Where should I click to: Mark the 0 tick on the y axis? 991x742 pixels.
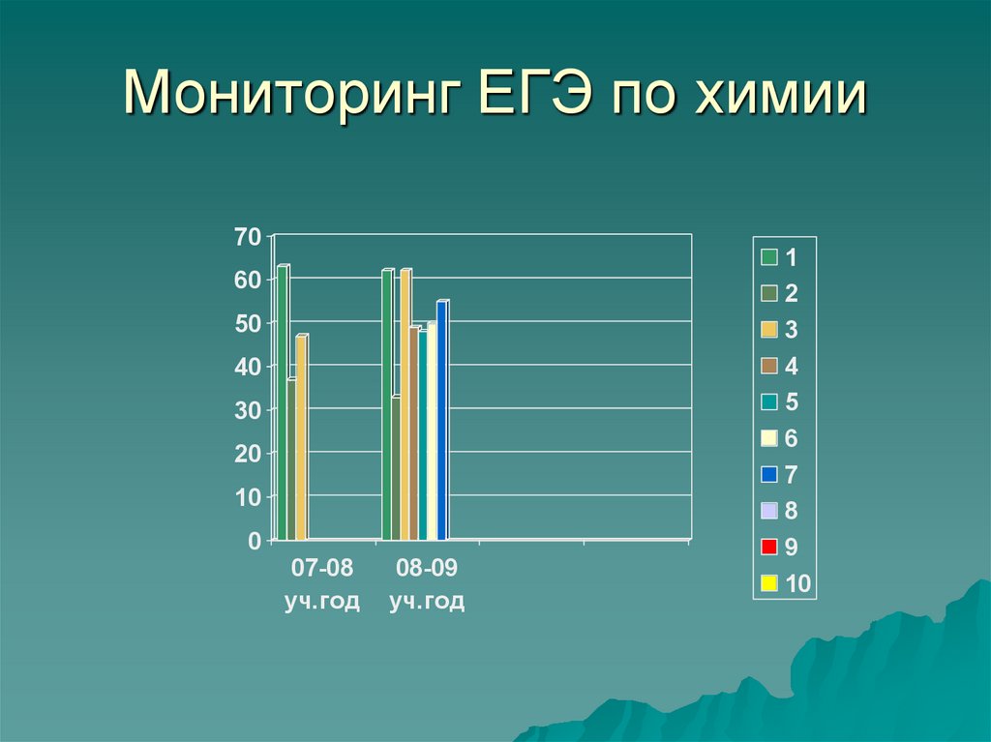pyautogui.click(x=255, y=541)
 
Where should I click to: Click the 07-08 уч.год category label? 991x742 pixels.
pyautogui.click(x=322, y=583)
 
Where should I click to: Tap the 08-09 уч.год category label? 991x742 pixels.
pyautogui.click(x=427, y=583)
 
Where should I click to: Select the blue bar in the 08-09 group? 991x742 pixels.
pyautogui.click(x=442, y=421)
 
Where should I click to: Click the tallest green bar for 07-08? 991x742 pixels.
pyautogui.click(x=283, y=402)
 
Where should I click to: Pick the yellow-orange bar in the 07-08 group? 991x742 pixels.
pyautogui.click(x=301, y=437)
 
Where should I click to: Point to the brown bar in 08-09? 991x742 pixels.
pyautogui.click(x=414, y=433)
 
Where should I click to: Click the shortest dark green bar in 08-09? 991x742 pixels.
pyautogui.click(x=396, y=468)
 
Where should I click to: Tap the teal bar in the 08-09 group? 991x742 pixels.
pyautogui.click(x=423, y=435)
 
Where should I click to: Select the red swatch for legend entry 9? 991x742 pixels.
pyautogui.click(x=769, y=548)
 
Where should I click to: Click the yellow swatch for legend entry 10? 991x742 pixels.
pyautogui.click(x=769, y=583)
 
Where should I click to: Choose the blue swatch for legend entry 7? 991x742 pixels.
pyautogui.click(x=769, y=475)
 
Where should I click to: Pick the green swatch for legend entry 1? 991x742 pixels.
pyautogui.click(x=769, y=257)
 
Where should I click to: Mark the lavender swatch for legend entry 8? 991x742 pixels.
pyautogui.click(x=769, y=511)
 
